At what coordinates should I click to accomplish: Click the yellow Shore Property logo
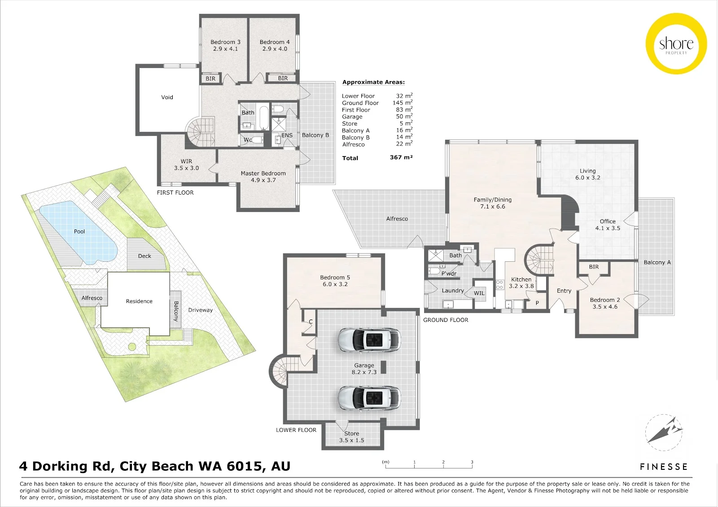coord(676,44)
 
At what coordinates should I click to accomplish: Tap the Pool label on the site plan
coord(79,232)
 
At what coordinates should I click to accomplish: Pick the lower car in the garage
coord(369,398)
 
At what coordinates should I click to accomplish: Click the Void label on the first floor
coord(167,97)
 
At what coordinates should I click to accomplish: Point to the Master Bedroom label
coord(263,173)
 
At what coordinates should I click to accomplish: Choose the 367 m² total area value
coord(401,157)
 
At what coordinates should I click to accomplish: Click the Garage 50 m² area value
coord(404,116)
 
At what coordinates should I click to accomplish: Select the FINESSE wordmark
coord(664,467)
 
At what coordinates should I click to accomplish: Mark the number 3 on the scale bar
coord(472,462)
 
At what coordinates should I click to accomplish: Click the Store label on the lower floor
coord(352,433)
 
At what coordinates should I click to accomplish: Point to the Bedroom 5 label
coord(335,277)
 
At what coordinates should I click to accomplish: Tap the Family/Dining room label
coord(493,200)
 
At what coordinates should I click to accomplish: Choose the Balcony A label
coord(657,262)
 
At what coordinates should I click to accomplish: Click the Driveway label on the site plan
coord(200,310)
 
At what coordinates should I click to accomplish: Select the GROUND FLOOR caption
coord(446,320)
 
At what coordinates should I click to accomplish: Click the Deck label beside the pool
coord(144,256)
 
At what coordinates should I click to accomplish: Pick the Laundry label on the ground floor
coord(453,290)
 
